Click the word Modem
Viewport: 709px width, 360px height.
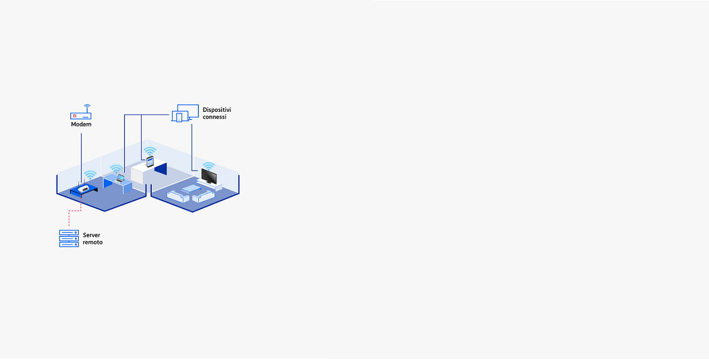click(81, 124)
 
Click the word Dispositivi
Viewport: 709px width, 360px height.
click(217, 110)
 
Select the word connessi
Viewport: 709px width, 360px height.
click(214, 117)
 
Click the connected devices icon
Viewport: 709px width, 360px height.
click(185, 113)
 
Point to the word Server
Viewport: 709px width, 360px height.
click(91, 235)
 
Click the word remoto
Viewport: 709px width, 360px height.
click(93, 243)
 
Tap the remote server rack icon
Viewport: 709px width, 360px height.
click(69, 239)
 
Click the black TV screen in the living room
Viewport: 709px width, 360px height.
click(209, 177)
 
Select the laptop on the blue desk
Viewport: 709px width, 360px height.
click(120, 179)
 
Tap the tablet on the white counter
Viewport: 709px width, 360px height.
click(150, 162)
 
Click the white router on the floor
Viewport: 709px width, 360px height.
click(84, 189)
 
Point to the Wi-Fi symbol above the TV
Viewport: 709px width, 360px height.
click(209, 166)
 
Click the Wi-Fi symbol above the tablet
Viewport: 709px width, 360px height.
click(150, 151)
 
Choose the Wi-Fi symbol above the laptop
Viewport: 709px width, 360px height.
click(116, 169)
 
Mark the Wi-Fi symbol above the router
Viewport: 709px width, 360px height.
click(90, 175)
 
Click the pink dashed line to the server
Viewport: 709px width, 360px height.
click(75, 210)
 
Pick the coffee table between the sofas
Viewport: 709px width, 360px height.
click(191, 189)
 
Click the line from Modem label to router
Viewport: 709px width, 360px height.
click(81, 158)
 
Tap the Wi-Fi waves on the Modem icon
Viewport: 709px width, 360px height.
click(87, 106)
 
